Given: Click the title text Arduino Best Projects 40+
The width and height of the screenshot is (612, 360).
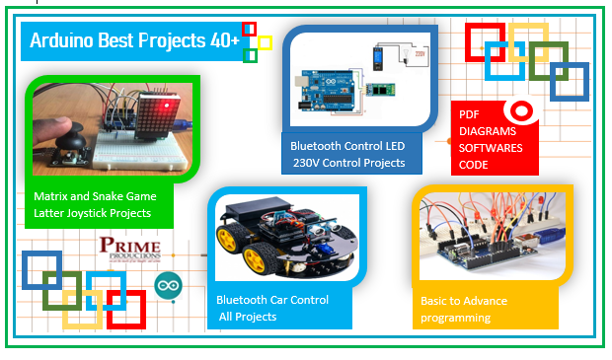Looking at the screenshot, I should point(134,40).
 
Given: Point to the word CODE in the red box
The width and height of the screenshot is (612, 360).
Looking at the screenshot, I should point(474,165).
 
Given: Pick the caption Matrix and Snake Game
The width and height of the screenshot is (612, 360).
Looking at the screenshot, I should point(95,196).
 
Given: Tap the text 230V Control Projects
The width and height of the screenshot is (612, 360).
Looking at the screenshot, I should point(347,163).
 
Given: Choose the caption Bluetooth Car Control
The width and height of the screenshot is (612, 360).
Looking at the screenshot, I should point(272,299).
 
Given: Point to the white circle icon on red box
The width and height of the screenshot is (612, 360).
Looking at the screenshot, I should point(519,111).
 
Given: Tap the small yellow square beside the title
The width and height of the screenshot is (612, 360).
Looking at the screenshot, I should point(265,42).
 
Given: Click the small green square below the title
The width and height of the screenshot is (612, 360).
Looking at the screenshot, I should point(250,55).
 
